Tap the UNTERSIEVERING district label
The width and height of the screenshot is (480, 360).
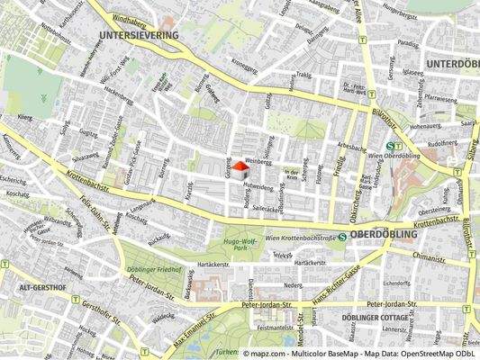(135, 35)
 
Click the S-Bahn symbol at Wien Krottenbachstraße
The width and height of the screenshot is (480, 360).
(341, 237)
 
